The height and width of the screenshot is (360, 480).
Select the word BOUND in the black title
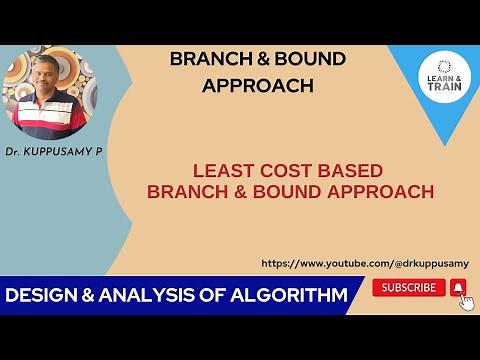click(x=307, y=59)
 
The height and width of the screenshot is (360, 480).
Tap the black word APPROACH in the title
click(x=257, y=85)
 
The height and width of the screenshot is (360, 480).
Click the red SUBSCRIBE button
click(x=409, y=287)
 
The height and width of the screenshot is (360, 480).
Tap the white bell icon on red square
click(x=457, y=287)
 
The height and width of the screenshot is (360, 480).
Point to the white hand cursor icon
click(x=466, y=301)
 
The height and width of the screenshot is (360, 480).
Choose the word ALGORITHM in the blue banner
click(x=291, y=295)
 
